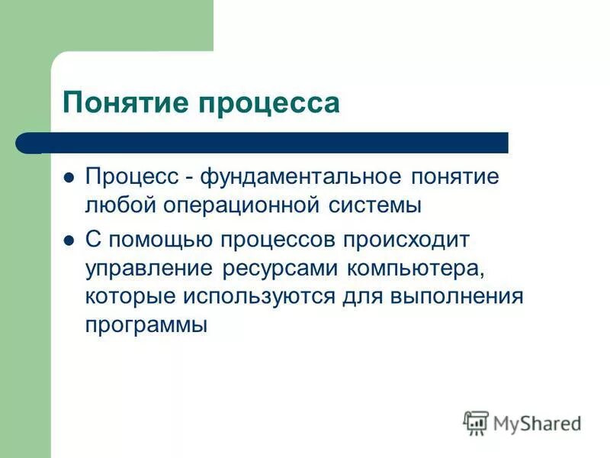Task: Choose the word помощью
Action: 162,240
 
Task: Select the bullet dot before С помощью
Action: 69,240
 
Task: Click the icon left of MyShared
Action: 476,421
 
